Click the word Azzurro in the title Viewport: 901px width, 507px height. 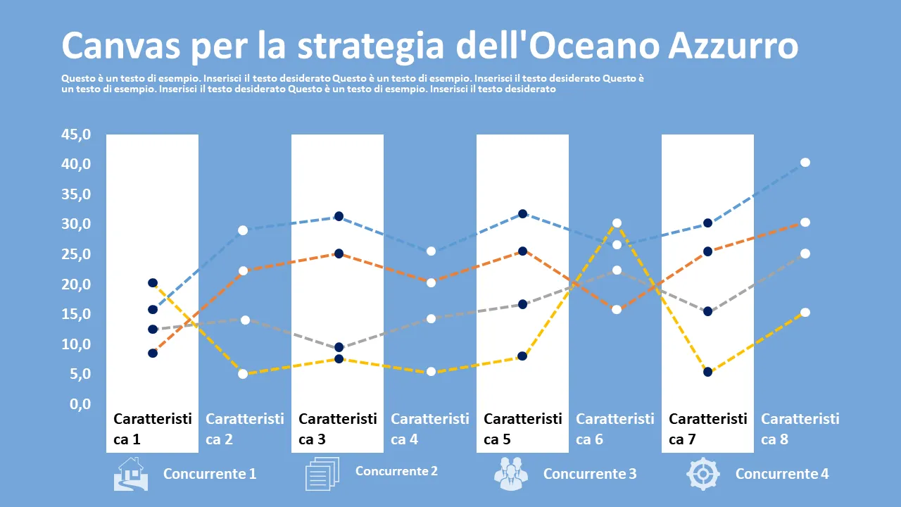(x=733, y=46)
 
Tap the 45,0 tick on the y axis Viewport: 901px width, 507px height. (x=76, y=134)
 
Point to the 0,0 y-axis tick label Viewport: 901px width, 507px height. (x=80, y=404)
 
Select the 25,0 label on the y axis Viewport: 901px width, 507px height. (x=76, y=254)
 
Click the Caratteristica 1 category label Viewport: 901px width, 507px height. (x=153, y=429)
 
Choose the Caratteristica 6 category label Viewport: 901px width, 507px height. (x=615, y=429)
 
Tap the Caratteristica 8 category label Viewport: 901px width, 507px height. (x=800, y=429)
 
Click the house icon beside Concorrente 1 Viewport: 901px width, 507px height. (x=131, y=474)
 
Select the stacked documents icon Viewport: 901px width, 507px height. (x=322, y=474)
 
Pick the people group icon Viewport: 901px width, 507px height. (x=511, y=474)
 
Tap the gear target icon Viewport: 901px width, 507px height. (x=703, y=474)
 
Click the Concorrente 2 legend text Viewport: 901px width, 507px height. (x=396, y=471)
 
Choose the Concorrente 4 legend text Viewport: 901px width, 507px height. (x=782, y=474)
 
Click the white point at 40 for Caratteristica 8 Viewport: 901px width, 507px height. (x=805, y=163)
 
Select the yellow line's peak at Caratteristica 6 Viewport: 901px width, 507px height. (x=617, y=223)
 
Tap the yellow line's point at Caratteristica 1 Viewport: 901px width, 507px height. (x=153, y=283)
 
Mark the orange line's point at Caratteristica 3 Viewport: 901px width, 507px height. (x=339, y=254)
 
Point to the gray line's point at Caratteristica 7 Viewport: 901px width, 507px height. (x=708, y=311)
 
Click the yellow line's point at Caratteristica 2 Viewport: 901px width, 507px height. (x=243, y=374)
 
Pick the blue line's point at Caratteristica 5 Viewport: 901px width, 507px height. (x=523, y=214)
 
